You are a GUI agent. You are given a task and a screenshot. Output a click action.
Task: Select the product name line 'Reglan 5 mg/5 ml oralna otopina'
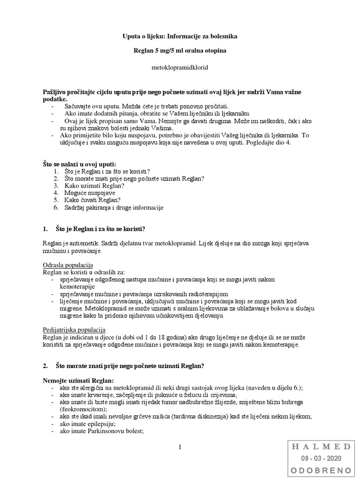click(x=180, y=51)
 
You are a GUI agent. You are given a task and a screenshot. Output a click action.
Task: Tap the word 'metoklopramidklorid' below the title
click(x=180, y=67)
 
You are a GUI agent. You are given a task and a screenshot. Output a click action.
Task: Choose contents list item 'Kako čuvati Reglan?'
click(x=90, y=200)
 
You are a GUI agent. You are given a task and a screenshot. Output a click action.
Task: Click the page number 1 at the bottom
click(x=180, y=448)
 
